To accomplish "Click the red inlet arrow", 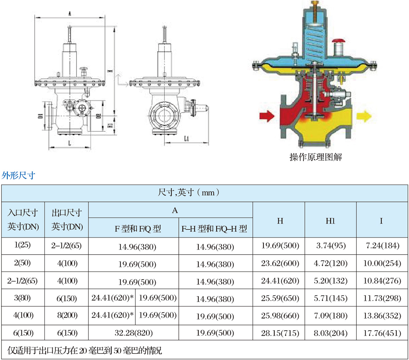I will pos(267,116).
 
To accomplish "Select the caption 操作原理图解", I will pos(316,157).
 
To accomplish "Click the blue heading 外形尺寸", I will pos(18,175).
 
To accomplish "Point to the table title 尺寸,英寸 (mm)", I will pos(189,193).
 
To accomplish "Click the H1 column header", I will pos(330,221).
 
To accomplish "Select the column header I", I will pos(381,221).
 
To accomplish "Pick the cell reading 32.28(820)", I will pos(133,333).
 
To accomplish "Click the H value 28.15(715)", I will pos(280,333).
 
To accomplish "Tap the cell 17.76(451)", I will pos(382,333).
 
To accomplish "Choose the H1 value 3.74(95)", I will pos(331,246).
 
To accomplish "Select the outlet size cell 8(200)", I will pos(67,315).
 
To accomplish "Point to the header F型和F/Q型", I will pos(137,229).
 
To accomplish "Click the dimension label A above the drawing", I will pos(70,14).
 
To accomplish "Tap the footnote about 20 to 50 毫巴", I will pos(85,350).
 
